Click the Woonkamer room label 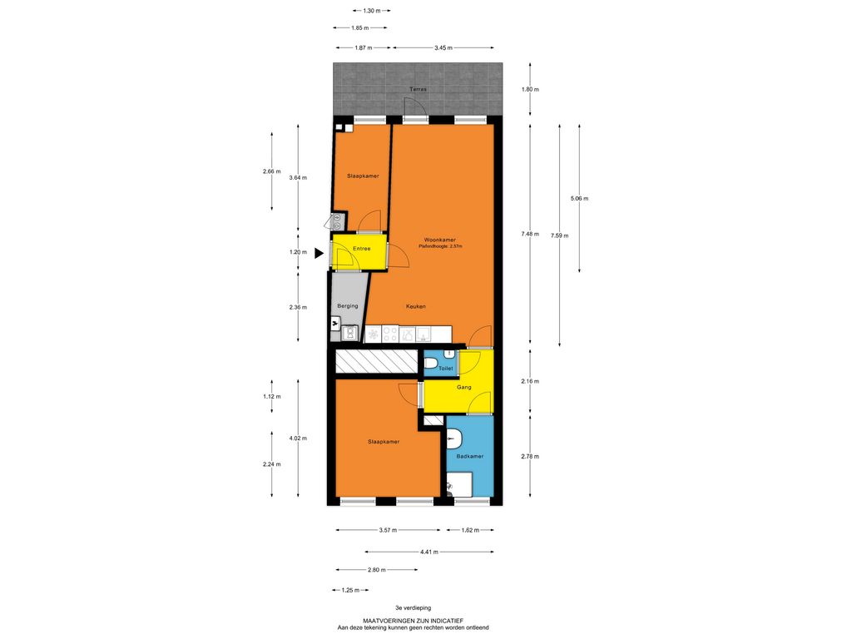point(440,240)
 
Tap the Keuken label point(416,306)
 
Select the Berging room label point(348,306)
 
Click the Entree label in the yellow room point(361,248)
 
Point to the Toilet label point(446,369)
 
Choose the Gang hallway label point(464,388)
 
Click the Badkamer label point(470,457)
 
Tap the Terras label point(418,89)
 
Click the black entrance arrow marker point(319,253)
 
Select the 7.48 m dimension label point(530,234)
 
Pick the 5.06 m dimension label point(579,198)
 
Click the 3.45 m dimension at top point(443,47)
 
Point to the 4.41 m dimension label point(429,552)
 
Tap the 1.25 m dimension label point(350,590)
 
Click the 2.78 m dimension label point(530,457)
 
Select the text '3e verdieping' point(413,608)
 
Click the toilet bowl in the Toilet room point(431,364)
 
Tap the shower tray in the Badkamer point(459,484)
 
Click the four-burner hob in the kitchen point(390,334)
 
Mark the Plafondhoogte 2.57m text point(440,246)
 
